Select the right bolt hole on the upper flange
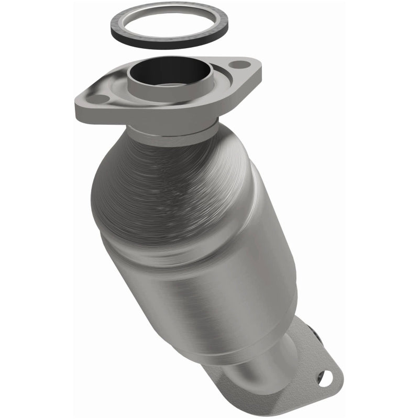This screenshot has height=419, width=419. pyautogui.click(x=240, y=65)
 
